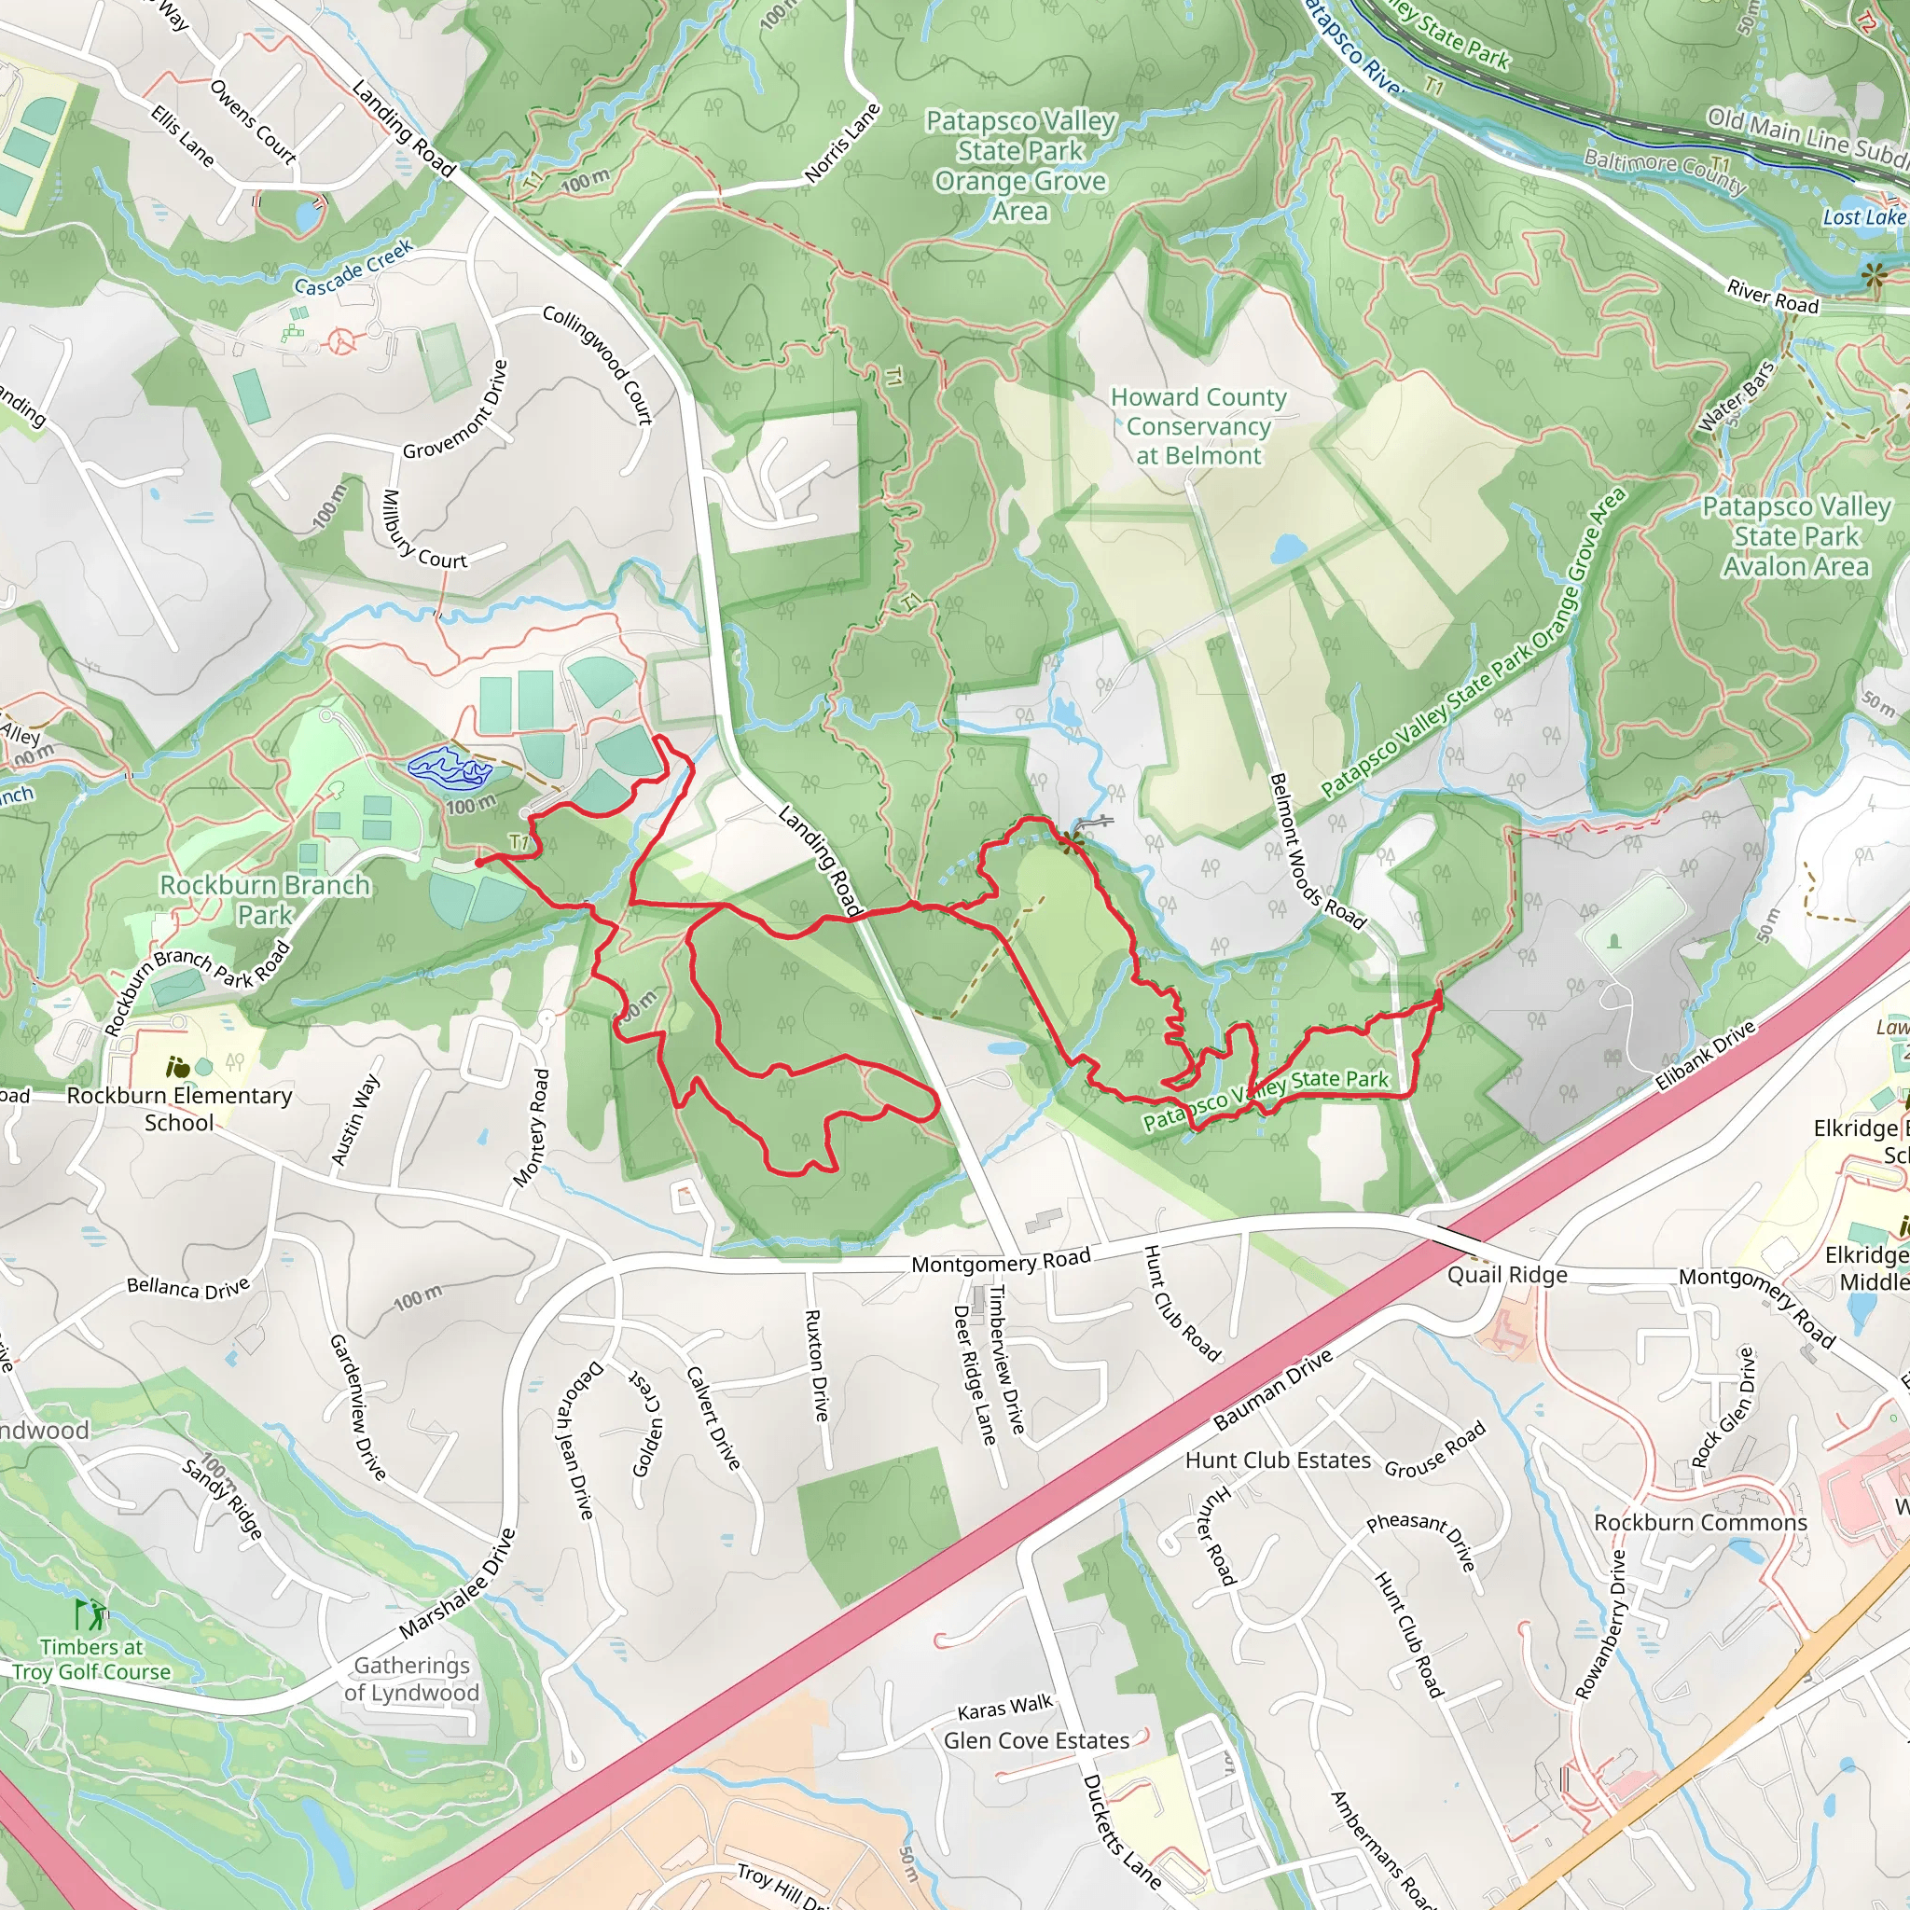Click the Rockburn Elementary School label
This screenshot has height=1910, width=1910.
[179, 1108]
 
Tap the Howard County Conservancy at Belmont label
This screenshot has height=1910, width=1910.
[1198, 426]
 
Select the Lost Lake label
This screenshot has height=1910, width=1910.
[1863, 217]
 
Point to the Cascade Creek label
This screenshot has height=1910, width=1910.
[353, 269]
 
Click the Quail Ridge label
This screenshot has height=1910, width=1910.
[1507, 1275]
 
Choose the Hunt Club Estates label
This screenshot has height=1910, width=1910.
[1278, 1460]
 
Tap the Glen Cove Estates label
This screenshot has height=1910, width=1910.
[1035, 1741]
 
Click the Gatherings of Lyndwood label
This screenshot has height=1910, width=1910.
[411, 1679]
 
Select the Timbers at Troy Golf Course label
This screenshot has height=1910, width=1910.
[91, 1660]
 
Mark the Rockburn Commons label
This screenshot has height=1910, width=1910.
[1699, 1522]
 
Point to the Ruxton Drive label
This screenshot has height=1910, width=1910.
[816, 1365]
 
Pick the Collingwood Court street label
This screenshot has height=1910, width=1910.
[598, 365]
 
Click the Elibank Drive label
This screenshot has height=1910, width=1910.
[1705, 1056]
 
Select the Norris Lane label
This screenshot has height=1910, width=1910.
[841, 145]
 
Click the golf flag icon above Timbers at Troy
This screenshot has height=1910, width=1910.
[89, 1615]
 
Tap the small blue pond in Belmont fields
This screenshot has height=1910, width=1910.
[1288, 548]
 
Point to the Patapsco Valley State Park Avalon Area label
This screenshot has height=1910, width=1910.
[1795, 537]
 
